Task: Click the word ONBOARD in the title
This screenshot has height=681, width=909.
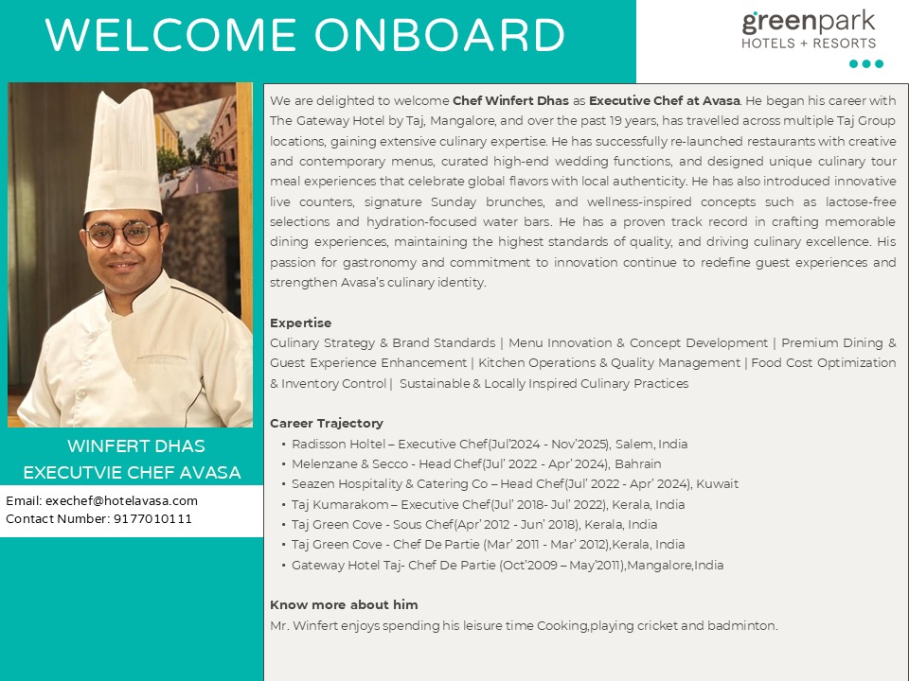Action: point(439,36)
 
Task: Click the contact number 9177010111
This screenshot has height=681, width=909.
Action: point(152,518)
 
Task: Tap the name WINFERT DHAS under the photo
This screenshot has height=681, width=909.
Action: point(135,445)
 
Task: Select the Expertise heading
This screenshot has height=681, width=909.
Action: point(300,323)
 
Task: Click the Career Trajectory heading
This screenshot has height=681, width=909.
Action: point(327,423)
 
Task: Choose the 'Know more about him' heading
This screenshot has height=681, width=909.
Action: point(344,604)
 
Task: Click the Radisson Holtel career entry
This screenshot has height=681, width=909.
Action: point(490,444)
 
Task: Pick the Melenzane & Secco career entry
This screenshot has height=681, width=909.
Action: point(476,463)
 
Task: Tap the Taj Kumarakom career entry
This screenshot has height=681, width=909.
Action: point(488,504)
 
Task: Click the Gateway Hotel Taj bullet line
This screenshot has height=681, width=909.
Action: point(508,565)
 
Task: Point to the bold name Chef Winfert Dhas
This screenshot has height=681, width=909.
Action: point(510,100)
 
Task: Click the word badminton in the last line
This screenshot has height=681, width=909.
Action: point(746,625)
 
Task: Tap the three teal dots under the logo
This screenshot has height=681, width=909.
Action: point(865,64)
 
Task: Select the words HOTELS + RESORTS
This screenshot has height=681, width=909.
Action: point(808,43)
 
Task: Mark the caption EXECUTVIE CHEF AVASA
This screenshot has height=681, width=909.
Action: point(132,472)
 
